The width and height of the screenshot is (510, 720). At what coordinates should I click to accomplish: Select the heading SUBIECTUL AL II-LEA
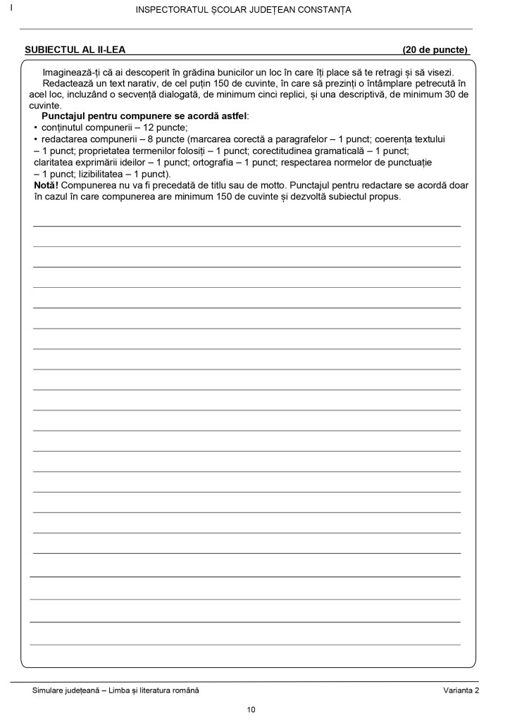[x=75, y=50]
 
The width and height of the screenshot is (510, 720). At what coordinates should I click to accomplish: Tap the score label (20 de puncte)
[x=435, y=50]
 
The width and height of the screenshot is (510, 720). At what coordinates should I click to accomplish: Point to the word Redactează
[x=68, y=82]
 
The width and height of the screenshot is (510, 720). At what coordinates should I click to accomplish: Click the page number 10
[x=251, y=709]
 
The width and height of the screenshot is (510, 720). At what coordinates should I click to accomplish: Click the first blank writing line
[x=247, y=226]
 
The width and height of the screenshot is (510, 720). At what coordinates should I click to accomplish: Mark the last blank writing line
[x=247, y=644]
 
